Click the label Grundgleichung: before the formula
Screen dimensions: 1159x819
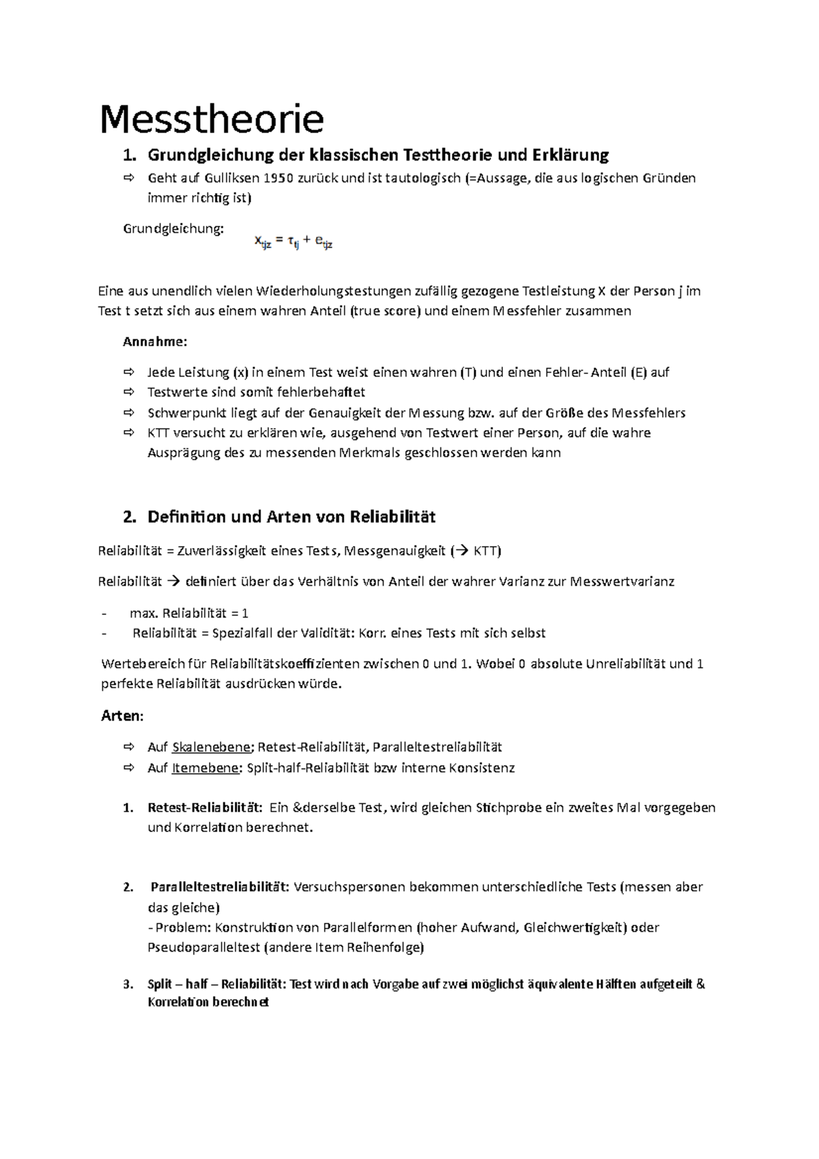[x=173, y=229]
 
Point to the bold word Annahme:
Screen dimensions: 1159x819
[x=154, y=341]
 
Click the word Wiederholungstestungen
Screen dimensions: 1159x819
[x=334, y=291]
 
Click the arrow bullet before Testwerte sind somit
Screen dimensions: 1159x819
[x=129, y=392]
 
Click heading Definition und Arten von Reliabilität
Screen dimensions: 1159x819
[x=291, y=517]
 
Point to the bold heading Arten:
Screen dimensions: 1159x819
[x=122, y=715]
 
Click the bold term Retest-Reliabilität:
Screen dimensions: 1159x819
[x=204, y=807]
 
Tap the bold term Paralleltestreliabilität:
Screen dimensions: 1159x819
[x=220, y=887]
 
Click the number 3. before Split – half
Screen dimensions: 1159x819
[x=128, y=984]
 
